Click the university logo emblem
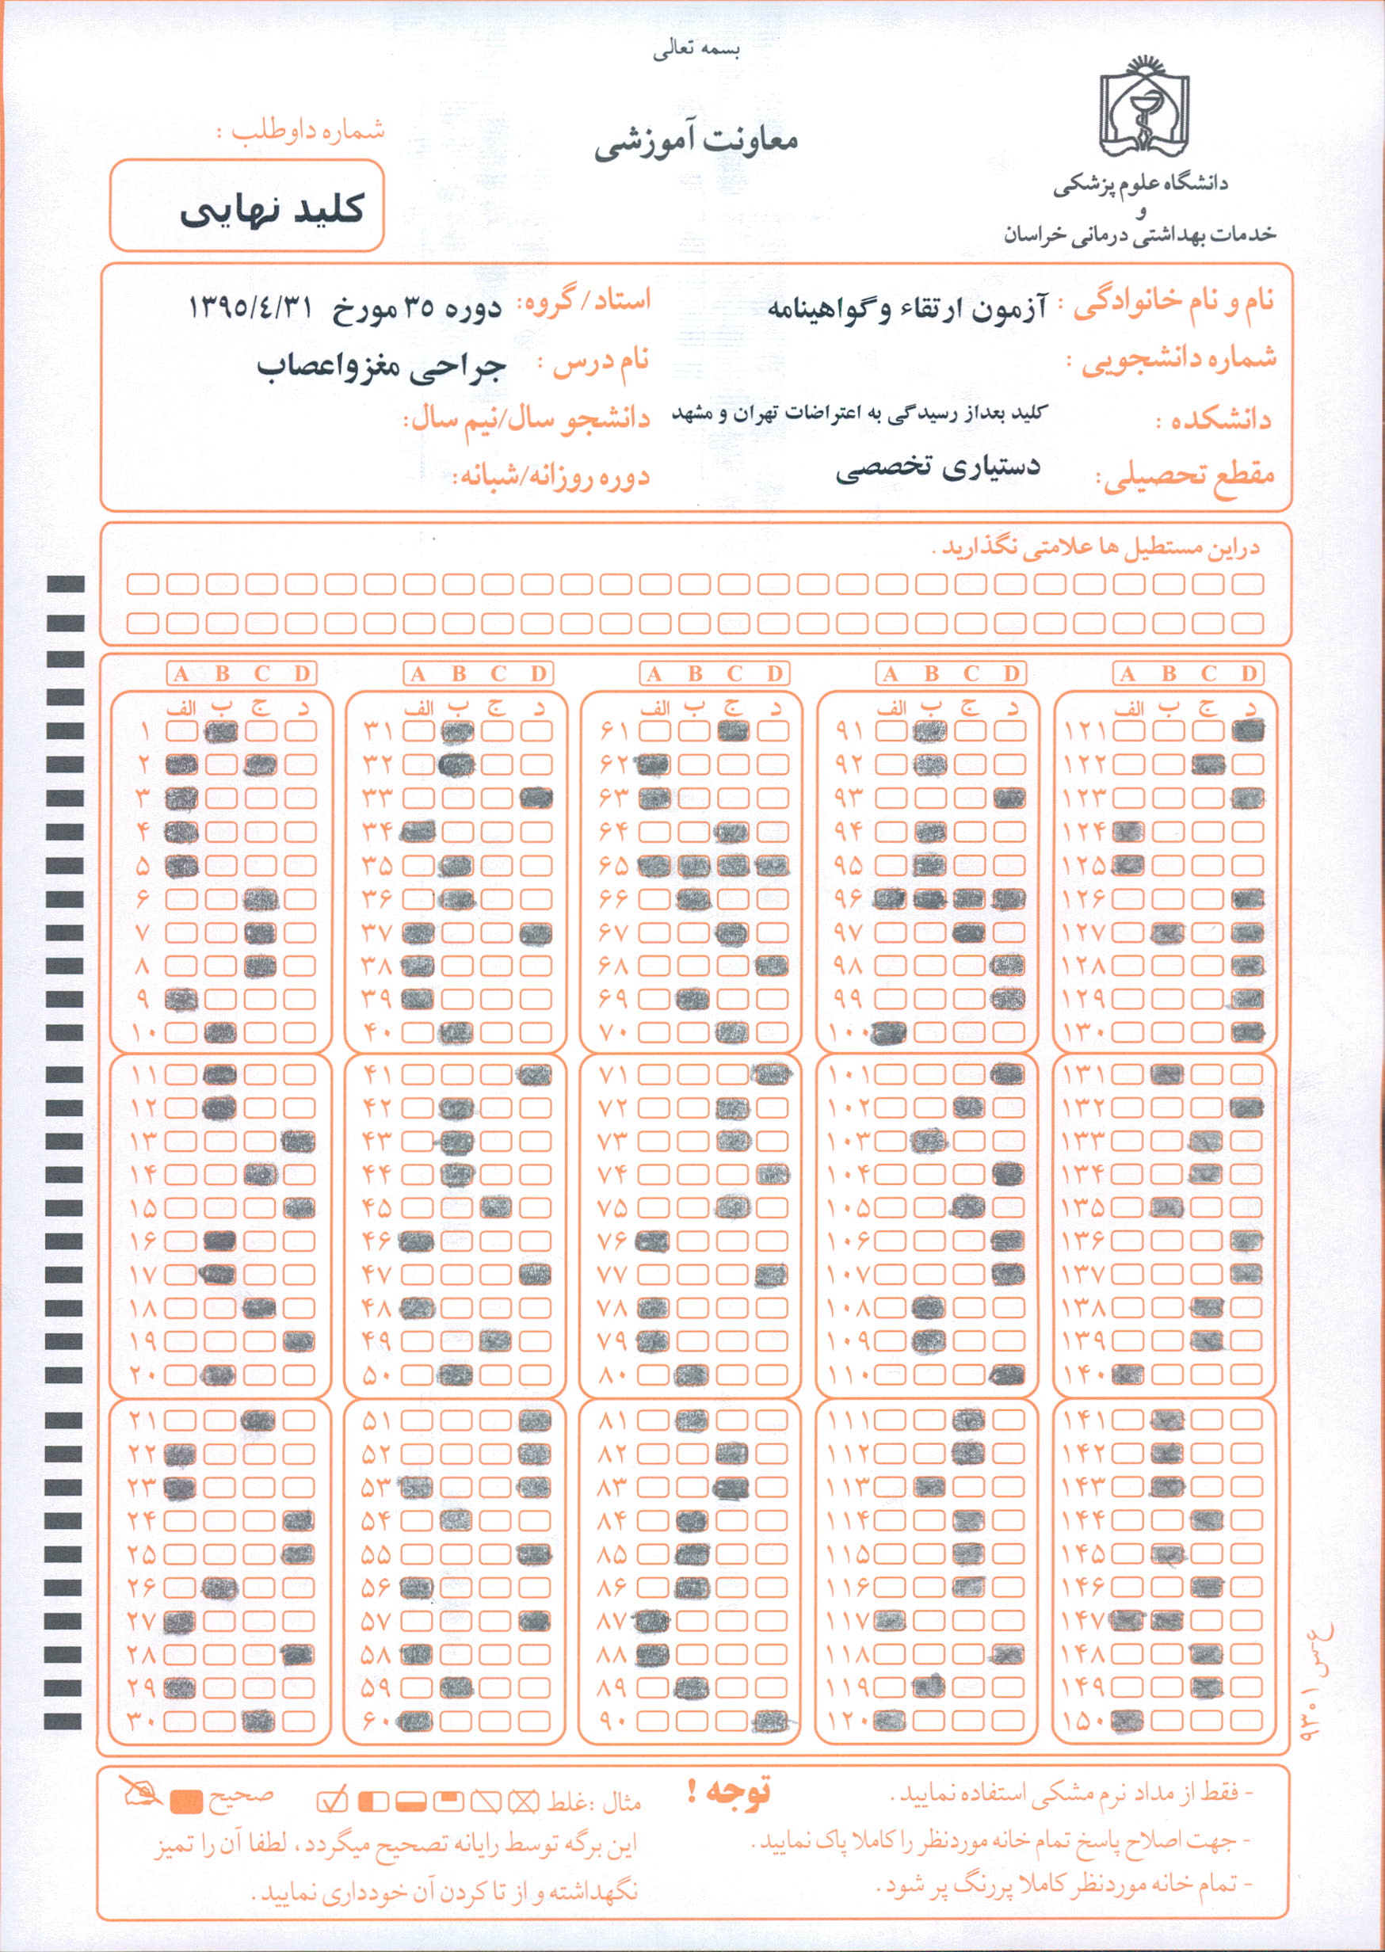[x=1143, y=109]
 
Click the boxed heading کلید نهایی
[x=271, y=210]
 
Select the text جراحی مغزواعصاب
[x=381, y=366]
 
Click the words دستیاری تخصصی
[x=937, y=468]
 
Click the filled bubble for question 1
[x=220, y=731]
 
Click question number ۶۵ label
[x=613, y=867]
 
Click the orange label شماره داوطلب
[x=301, y=132]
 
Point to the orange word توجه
[x=729, y=1793]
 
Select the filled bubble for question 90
[x=772, y=1720]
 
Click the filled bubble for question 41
[x=535, y=1074]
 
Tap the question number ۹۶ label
[x=849, y=899]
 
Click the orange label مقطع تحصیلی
[x=1185, y=478]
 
